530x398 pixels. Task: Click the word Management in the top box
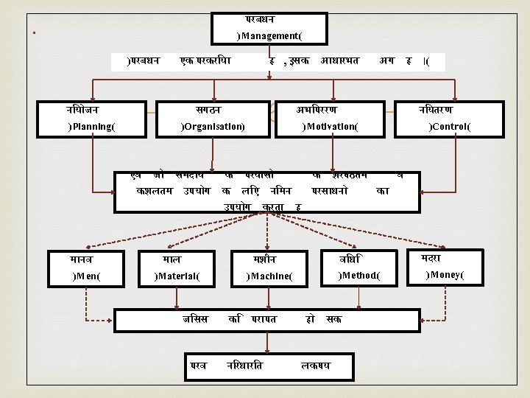(269, 35)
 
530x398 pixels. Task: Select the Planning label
(91, 127)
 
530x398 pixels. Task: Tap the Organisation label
(213, 127)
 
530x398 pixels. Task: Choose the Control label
(451, 127)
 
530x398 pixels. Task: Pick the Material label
(177, 276)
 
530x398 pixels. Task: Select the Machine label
(269, 276)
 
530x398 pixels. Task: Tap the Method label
(359, 276)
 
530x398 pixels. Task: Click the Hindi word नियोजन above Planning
(82, 110)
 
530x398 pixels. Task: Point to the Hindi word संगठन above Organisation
(204, 110)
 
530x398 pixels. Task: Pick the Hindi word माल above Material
(172, 259)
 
